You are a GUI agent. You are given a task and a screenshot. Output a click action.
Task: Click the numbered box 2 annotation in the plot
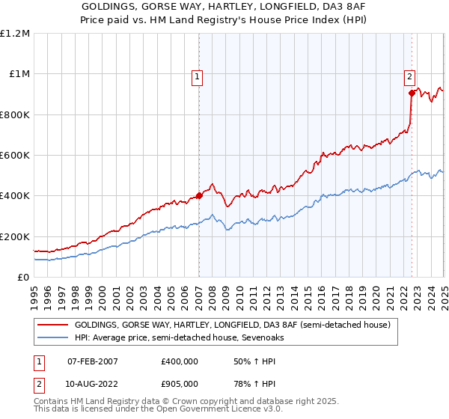click(x=410, y=76)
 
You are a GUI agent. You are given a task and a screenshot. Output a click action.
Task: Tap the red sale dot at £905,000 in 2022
click(x=412, y=94)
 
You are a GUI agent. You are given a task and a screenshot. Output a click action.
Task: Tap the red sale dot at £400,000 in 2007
click(x=200, y=196)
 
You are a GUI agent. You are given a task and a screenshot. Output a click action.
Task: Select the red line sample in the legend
click(x=52, y=325)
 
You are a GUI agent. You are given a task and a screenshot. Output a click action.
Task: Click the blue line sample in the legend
click(x=52, y=338)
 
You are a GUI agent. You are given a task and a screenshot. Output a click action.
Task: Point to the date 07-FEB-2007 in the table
click(x=92, y=361)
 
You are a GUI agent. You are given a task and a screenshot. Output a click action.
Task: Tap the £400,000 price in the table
click(x=179, y=361)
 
